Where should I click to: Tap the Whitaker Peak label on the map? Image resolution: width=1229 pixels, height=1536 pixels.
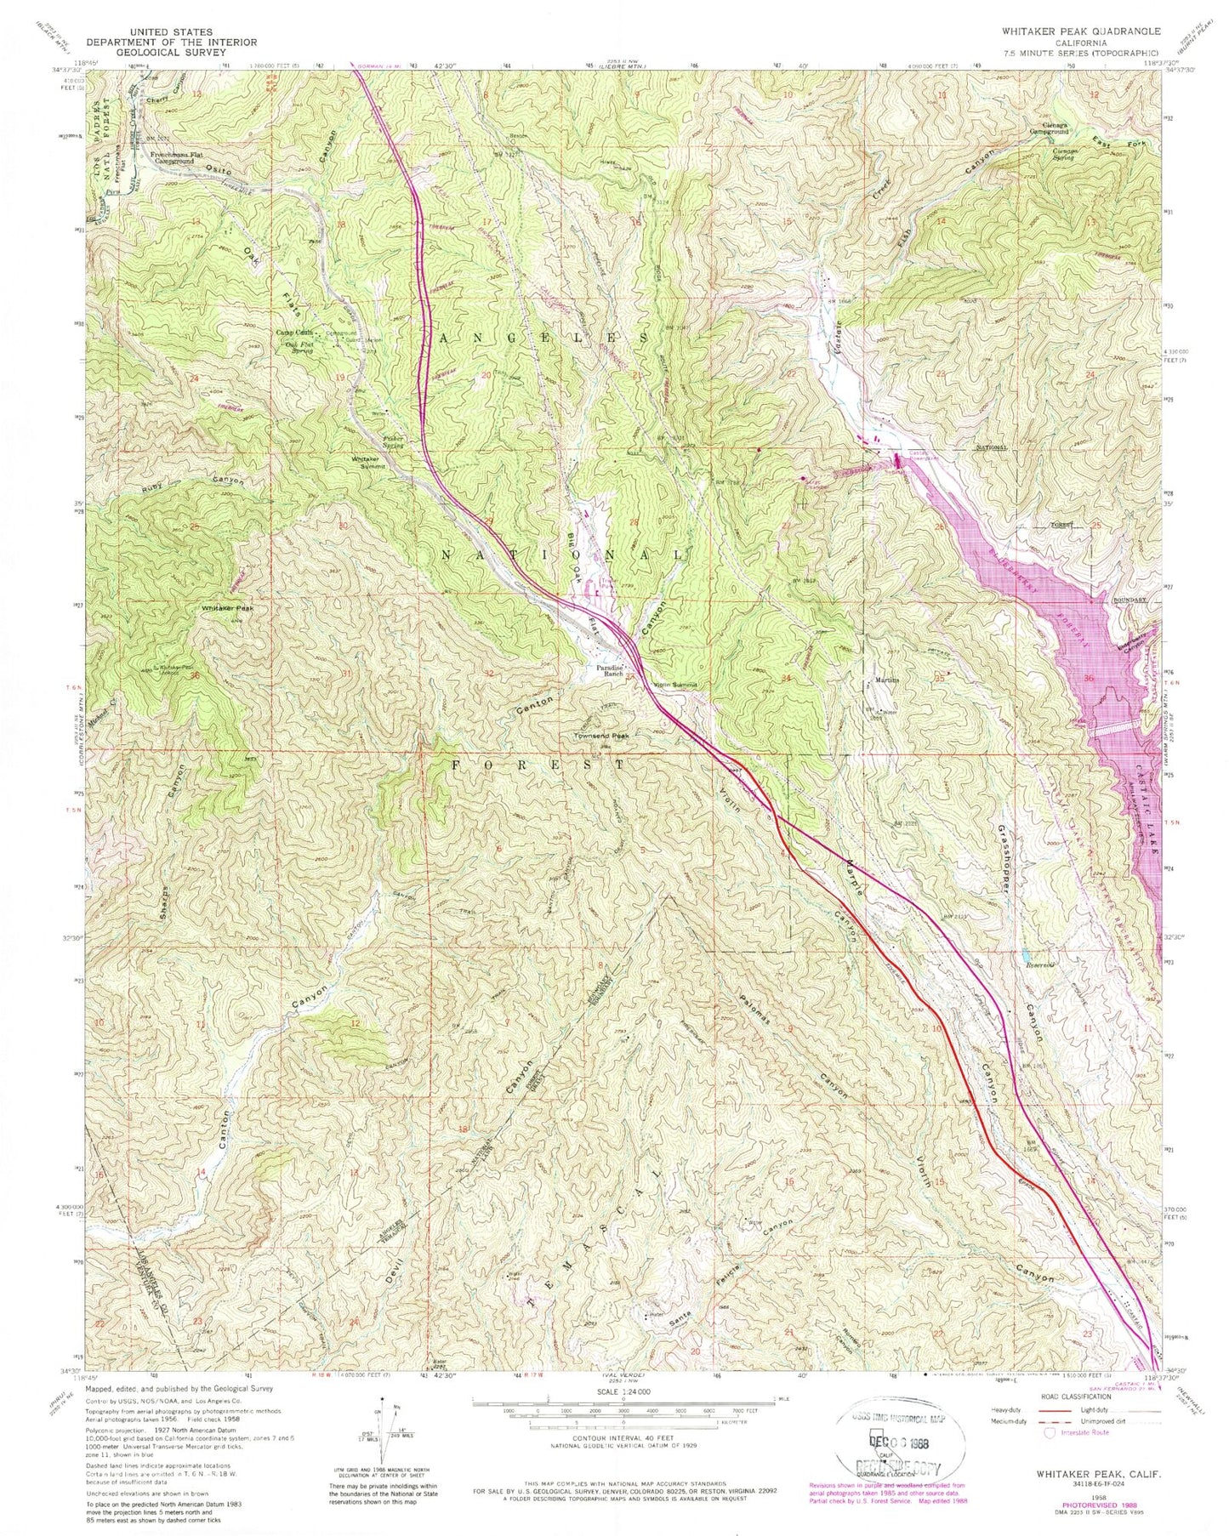227,608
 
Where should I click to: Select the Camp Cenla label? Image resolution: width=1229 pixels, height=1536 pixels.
292,333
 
